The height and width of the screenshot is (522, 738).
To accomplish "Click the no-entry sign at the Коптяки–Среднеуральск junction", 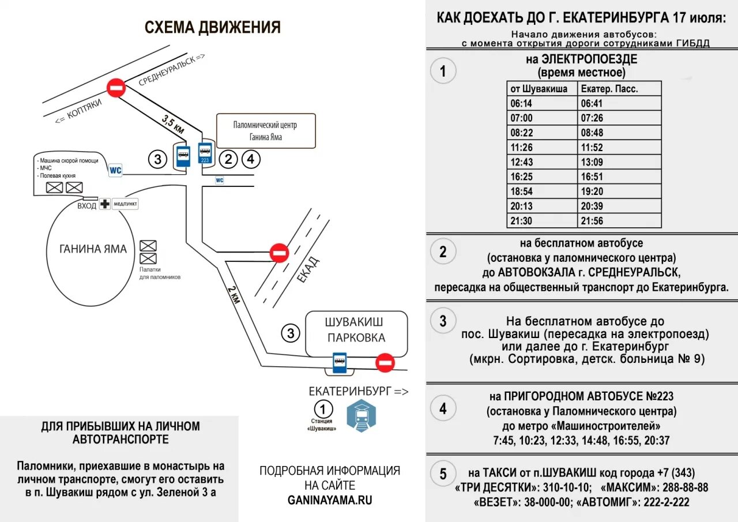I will (x=116, y=88).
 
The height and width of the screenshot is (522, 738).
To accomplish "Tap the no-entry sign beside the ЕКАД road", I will (x=280, y=253).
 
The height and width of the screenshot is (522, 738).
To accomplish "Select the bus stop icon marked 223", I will (x=205, y=153).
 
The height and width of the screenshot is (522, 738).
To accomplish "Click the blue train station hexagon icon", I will (x=361, y=416).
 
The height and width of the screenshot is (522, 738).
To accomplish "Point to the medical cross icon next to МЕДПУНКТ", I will (x=105, y=204).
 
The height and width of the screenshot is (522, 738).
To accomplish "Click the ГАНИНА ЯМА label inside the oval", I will (x=93, y=249).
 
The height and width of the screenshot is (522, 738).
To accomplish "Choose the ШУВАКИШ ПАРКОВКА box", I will (x=356, y=333).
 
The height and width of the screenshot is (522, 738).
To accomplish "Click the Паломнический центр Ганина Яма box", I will (x=266, y=131).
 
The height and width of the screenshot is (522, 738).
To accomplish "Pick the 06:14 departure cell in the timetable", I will (x=522, y=104).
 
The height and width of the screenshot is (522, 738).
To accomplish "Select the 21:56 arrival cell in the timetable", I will (x=592, y=221).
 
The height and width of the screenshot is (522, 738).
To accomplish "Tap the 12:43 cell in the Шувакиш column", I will (x=522, y=162).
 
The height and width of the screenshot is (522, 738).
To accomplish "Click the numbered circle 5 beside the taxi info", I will (x=443, y=474).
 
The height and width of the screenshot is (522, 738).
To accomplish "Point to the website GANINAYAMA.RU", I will (x=330, y=500).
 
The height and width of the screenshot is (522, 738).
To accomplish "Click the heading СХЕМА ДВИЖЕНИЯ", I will (x=212, y=27).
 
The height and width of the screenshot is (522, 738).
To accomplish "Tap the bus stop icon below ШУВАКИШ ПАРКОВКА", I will (x=339, y=361).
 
